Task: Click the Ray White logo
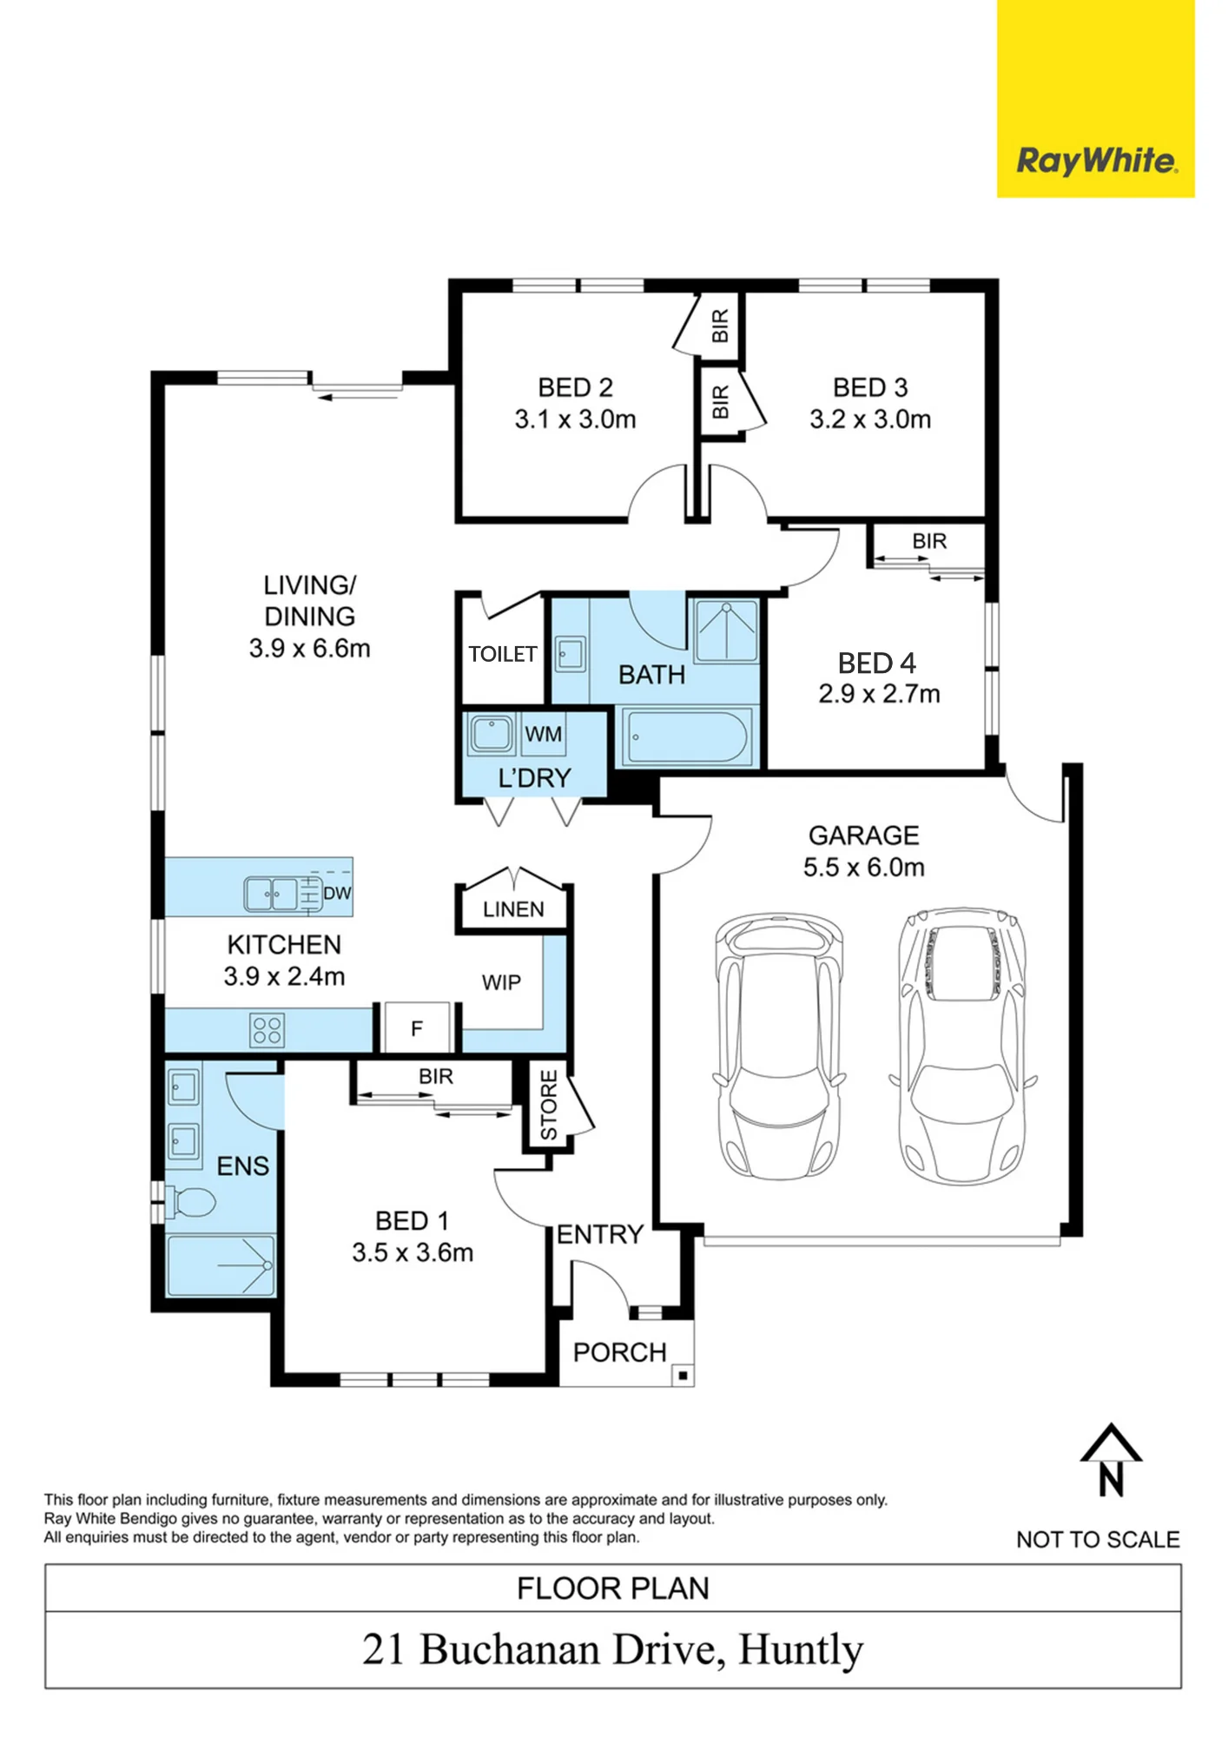point(1096,162)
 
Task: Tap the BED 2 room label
point(575,387)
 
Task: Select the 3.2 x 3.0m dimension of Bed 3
point(870,419)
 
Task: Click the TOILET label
point(503,654)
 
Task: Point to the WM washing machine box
point(543,735)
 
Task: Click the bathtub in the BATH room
point(687,737)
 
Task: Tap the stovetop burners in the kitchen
point(267,1031)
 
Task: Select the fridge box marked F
point(417,1028)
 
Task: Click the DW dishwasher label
point(337,893)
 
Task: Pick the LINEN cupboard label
point(513,909)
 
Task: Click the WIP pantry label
point(501,983)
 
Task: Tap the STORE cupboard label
point(549,1105)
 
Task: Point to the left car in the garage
point(779,1046)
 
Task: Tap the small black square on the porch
point(683,1376)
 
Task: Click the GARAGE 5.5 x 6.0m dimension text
point(864,868)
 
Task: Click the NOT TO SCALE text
point(1098,1540)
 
